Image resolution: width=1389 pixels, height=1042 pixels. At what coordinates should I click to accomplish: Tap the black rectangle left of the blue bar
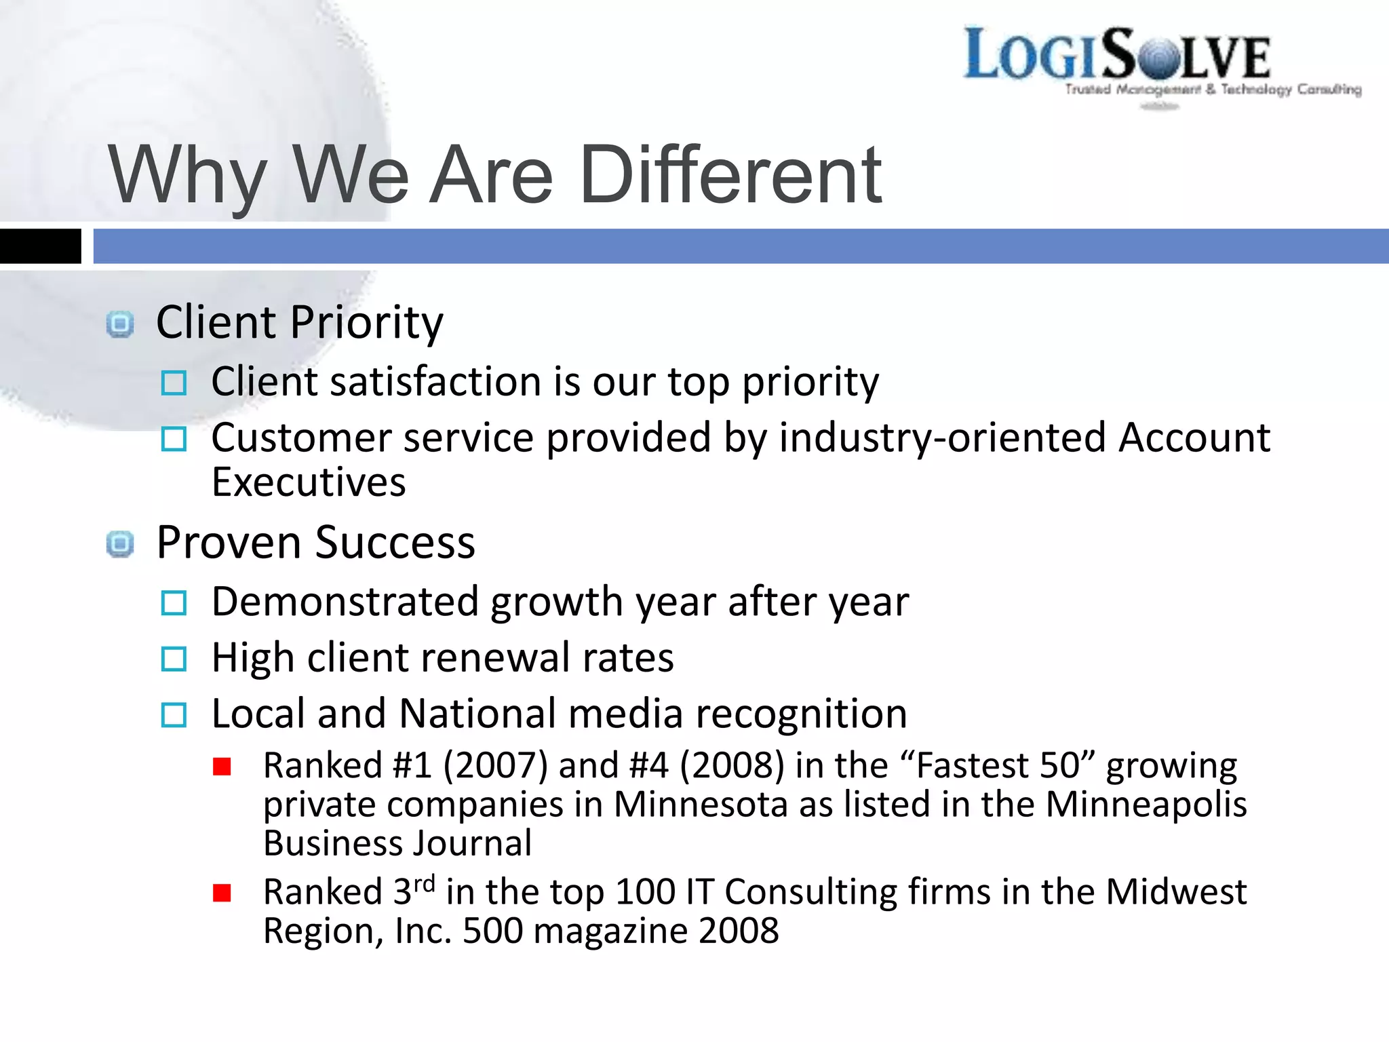(x=40, y=246)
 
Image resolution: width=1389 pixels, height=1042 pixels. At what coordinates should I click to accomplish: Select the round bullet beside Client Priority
(x=120, y=324)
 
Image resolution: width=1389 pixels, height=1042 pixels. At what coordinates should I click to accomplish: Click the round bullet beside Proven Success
(x=120, y=544)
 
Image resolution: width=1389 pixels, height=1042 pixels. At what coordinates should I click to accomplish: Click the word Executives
(x=309, y=483)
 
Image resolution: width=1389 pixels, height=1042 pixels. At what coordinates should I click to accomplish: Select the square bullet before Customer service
(x=174, y=440)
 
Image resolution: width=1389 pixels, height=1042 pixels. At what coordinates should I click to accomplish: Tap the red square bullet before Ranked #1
(x=222, y=767)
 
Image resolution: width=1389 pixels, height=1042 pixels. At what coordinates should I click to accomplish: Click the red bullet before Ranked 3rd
(x=222, y=893)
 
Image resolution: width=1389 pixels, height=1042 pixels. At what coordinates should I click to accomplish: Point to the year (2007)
(x=496, y=766)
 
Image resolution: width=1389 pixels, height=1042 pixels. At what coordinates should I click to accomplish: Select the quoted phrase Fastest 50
(x=998, y=766)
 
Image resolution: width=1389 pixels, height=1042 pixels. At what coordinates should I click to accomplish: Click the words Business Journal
(x=397, y=844)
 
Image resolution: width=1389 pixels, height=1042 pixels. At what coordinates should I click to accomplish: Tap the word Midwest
(x=1176, y=892)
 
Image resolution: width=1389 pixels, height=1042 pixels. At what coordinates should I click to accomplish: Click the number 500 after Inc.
(x=492, y=931)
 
